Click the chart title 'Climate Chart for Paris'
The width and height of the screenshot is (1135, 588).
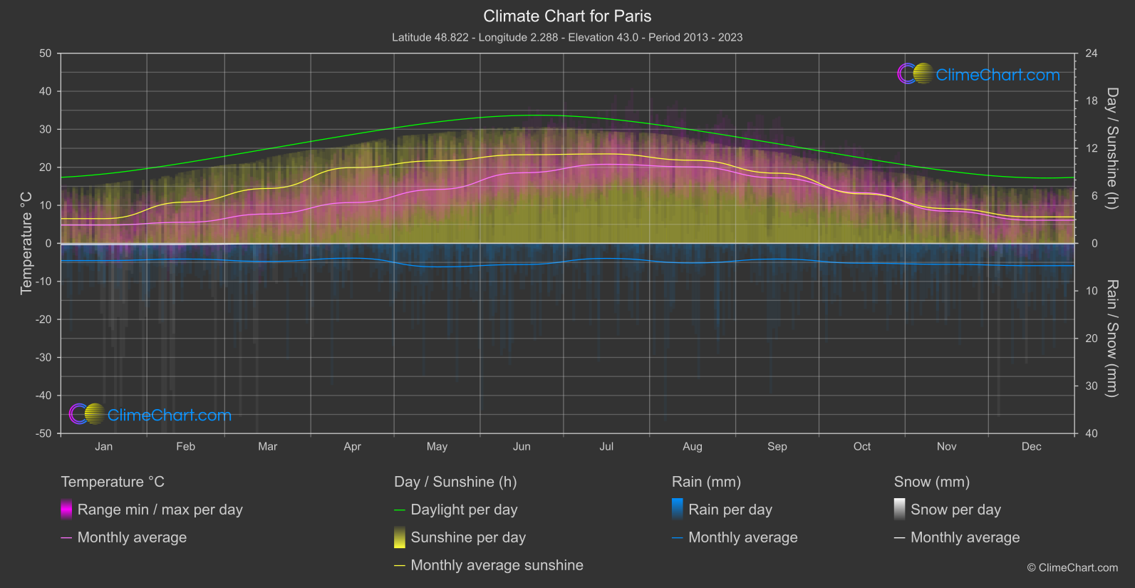pyautogui.click(x=567, y=16)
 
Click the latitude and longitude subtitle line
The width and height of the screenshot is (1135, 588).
pyautogui.click(x=567, y=37)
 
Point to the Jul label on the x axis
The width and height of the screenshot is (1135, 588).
pyautogui.click(x=606, y=446)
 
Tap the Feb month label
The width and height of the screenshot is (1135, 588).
pyautogui.click(x=185, y=446)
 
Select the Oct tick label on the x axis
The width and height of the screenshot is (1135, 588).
pyautogui.click(x=862, y=446)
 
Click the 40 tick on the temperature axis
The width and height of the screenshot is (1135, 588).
pyautogui.click(x=46, y=91)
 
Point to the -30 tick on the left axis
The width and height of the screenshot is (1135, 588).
pyautogui.click(x=43, y=357)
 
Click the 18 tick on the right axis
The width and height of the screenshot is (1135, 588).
pyautogui.click(x=1092, y=101)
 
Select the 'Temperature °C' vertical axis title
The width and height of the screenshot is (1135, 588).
pyautogui.click(x=26, y=242)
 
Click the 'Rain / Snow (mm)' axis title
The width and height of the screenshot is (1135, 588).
pyautogui.click(x=1112, y=338)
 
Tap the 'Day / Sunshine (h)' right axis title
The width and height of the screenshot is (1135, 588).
pyautogui.click(x=1112, y=148)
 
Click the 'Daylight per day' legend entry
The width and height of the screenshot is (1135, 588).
pyautogui.click(x=464, y=510)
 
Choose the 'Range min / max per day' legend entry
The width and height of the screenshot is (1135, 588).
pyautogui.click(x=160, y=510)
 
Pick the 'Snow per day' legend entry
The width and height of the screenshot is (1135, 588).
pyautogui.click(x=955, y=510)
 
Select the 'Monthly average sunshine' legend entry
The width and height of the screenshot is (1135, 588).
pyautogui.click(x=497, y=565)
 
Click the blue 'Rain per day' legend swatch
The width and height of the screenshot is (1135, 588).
pyautogui.click(x=678, y=509)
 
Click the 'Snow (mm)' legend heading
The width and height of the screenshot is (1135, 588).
pyautogui.click(x=932, y=482)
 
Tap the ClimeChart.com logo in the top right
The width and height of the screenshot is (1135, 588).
pyautogui.click(x=979, y=74)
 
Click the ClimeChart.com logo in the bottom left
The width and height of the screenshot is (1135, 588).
pyautogui.click(x=150, y=415)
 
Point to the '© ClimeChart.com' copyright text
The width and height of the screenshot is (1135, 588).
pyautogui.click(x=1072, y=567)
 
